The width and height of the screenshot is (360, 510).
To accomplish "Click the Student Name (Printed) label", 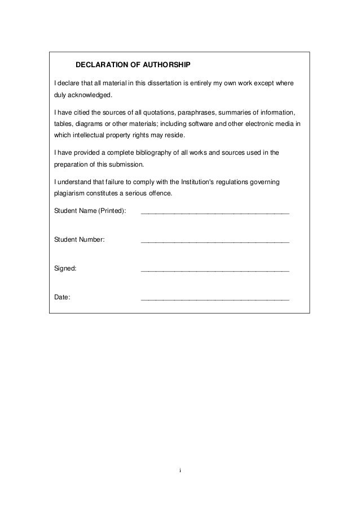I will click(90, 211).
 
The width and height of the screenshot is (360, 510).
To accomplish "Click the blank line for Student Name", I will click(214, 214).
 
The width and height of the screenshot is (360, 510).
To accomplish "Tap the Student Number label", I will click(79, 239).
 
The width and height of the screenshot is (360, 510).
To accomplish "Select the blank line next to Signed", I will click(214, 271).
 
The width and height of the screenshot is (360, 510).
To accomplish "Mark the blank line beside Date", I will click(214, 299).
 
